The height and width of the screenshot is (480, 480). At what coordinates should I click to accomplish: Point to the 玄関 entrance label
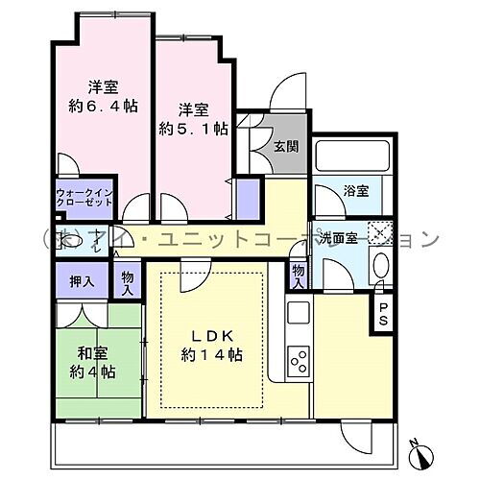[285, 147]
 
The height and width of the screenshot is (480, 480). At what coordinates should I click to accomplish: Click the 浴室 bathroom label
[356, 191]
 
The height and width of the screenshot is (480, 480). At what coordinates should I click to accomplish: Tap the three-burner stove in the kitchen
[299, 363]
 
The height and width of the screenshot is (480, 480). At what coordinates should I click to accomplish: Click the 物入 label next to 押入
[128, 281]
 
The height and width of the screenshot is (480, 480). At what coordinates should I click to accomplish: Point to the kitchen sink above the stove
[298, 312]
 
